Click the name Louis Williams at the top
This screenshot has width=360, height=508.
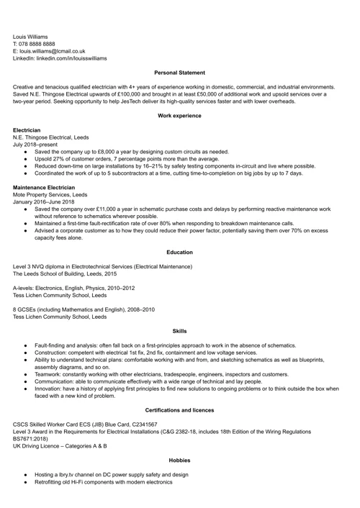click(30, 35)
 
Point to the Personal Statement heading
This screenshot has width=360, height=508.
click(180, 73)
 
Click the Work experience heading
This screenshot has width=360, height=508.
click(180, 115)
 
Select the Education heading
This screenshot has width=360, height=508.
click(180, 252)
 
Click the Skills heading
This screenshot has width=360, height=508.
click(180, 331)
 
